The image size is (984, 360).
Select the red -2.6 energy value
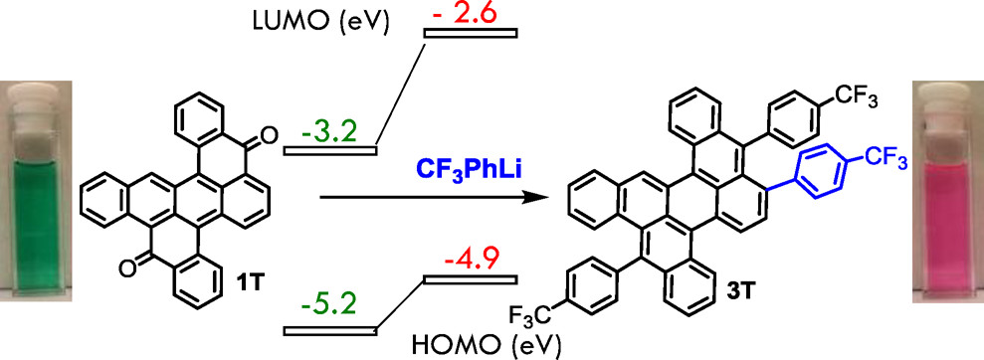pos(467,14)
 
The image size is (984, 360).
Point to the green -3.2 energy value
pos(333,129)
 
